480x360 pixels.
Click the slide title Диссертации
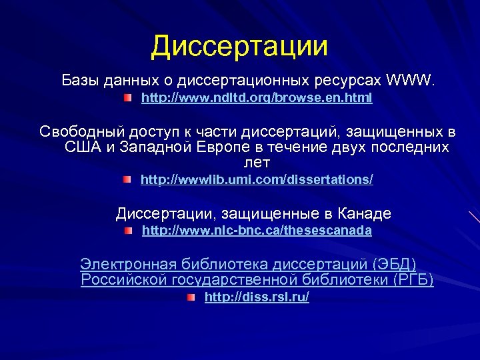click(239, 46)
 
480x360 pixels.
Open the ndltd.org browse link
click(257, 98)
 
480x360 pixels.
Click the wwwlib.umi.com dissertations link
click(257, 179)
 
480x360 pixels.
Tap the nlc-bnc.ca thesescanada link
click(257, 231)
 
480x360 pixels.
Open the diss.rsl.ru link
click(257, 297)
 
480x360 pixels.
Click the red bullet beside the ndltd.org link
click(127, 99)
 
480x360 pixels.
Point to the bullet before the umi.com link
click(127, 180)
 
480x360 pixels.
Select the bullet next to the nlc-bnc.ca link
click(128, 231)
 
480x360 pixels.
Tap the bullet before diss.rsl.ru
click(191, 298)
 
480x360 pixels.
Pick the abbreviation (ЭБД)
click(395, 265)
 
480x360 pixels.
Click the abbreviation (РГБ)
click(412, 279)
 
